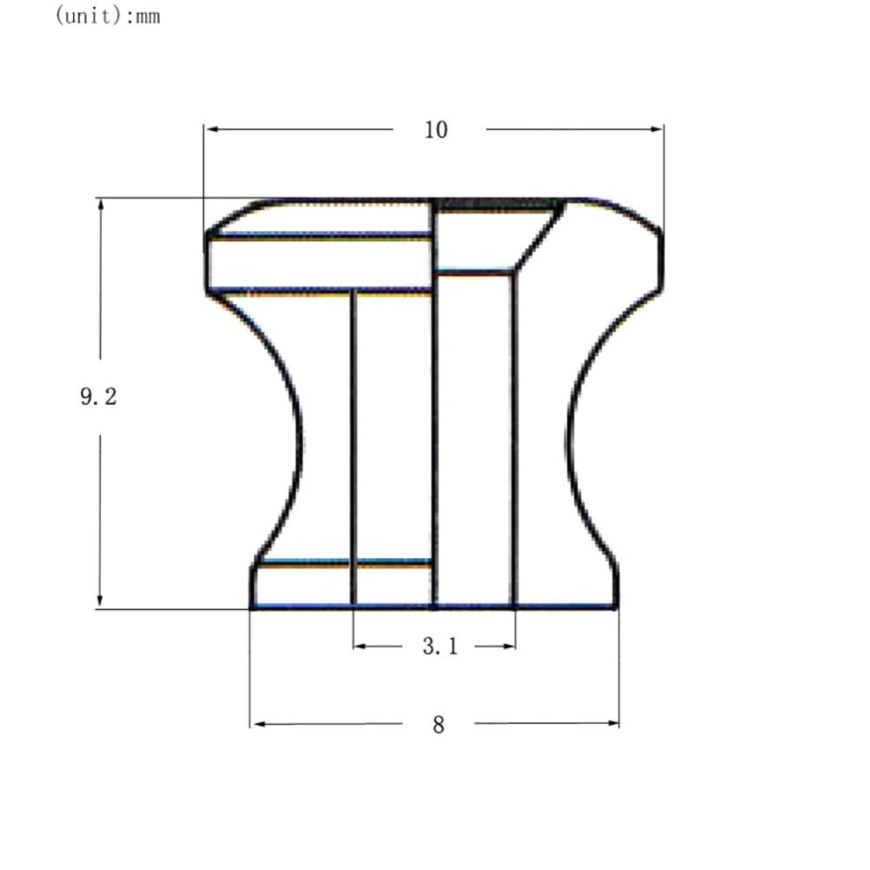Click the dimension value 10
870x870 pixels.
[436, 130]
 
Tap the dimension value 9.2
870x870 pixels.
[98, 396]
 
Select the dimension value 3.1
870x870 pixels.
[440, 646]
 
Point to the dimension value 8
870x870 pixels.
[439, 725]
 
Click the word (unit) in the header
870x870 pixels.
[88, 15]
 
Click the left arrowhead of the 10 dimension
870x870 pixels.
[212, 129]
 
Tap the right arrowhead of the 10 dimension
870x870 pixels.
[656, 129]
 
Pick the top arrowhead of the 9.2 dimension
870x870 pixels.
[100, 205]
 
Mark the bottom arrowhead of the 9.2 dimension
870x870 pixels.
[100, 600]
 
